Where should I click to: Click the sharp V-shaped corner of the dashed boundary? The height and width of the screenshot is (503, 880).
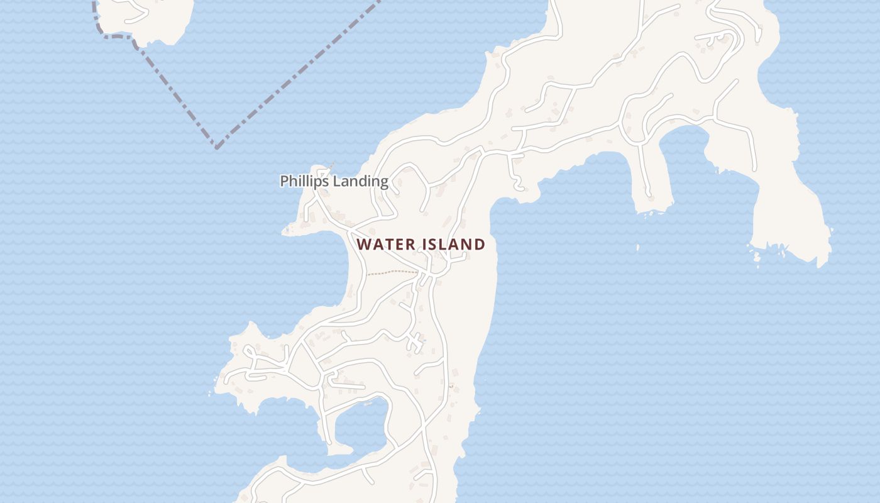point(216,148)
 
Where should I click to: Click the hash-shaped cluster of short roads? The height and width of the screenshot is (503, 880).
point(414,343)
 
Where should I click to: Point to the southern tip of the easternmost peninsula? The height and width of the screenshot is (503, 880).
point(820,264)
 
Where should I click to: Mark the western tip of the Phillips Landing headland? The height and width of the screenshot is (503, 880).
point(284,231)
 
